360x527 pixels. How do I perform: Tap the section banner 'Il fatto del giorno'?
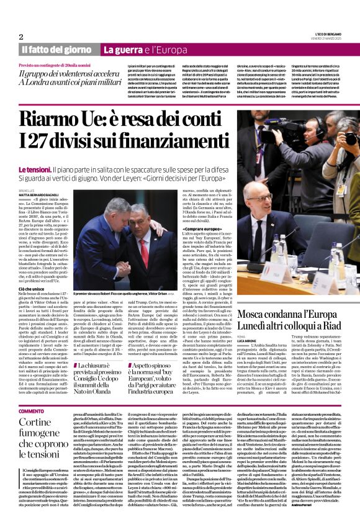pyautogui.click(x=57, y=49)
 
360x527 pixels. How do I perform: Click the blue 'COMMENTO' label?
pyautogui.click(x=31, y=412)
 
